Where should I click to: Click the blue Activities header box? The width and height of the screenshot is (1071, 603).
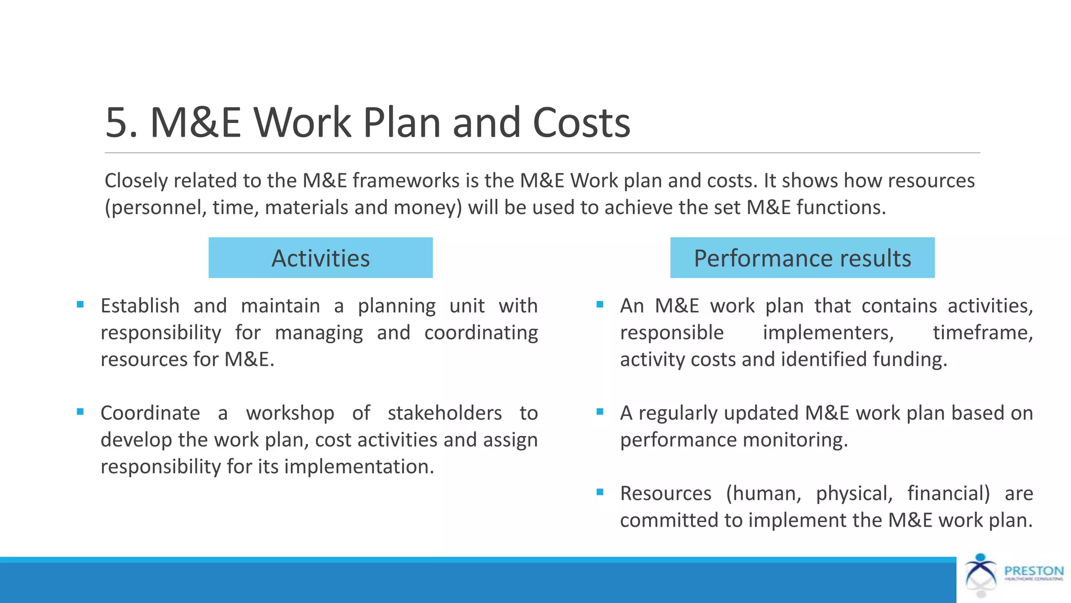[320, 258]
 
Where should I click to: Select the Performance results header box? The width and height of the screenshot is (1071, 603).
[802, 258]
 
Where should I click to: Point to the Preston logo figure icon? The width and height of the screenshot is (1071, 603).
[981, 575]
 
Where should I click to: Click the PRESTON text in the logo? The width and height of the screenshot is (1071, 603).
[1034, 571]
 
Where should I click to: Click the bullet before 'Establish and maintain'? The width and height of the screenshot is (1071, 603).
[80, 305]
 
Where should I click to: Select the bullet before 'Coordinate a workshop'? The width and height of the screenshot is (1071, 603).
[80, 412]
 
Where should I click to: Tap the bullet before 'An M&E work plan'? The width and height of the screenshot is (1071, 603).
[600, 305]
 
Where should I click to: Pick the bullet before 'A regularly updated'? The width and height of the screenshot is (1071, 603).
[600, 412]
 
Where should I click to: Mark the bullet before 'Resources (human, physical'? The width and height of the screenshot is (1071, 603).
[600, 492]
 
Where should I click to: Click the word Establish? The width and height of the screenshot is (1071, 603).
[140, 306]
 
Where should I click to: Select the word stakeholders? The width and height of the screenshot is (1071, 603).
[445, 413]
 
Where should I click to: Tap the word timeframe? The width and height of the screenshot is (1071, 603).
[983, 332]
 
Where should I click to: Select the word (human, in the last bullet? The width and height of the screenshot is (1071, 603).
[764, 494]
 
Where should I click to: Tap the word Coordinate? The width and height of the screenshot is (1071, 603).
[150, 413]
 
